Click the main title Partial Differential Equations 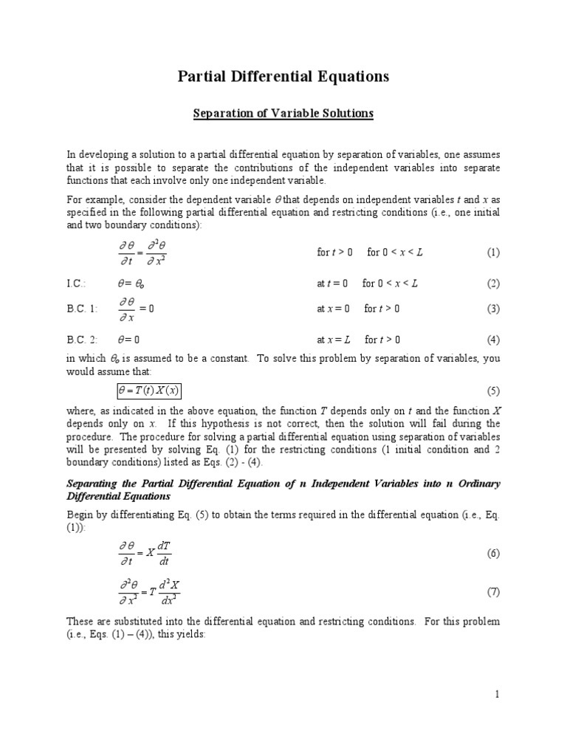point(283,76)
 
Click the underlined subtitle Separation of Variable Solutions point(283,114)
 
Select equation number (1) point(492,252)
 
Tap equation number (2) point(492,283)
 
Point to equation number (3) point(492,309)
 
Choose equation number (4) point(492,340)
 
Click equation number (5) point(492,391)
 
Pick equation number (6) point(492,554)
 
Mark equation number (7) point(492,592)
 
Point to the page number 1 point(498,695)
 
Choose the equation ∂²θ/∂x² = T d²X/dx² point(150,592)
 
